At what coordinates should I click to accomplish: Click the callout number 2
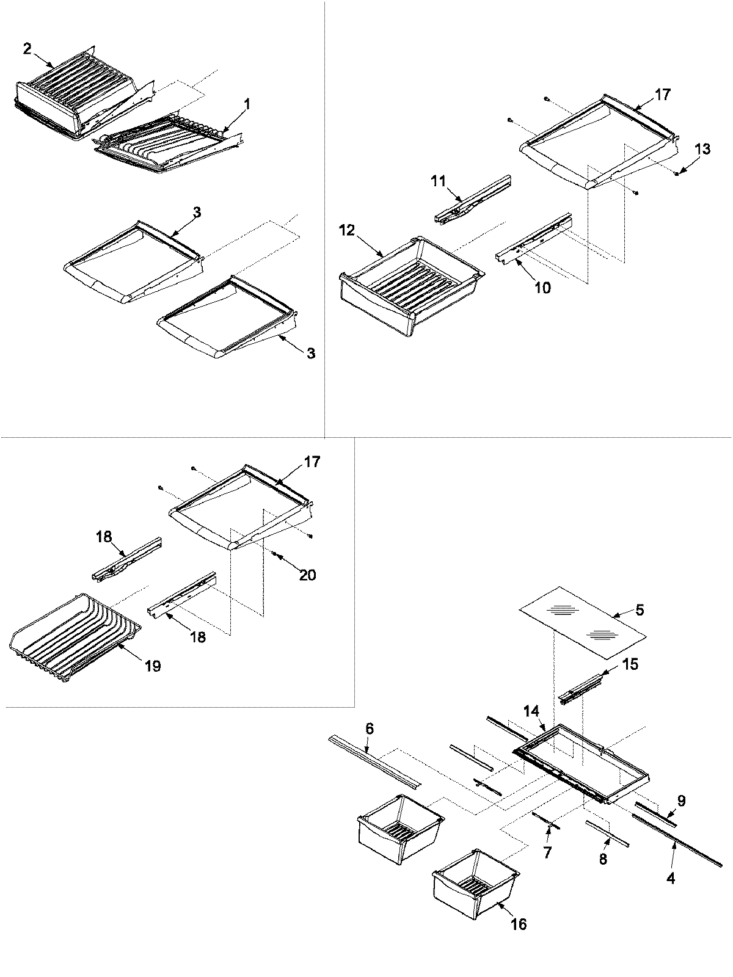[x=27, y=49]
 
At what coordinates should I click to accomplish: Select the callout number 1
[x=247, y=104]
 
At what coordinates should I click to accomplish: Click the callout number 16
[x=518, y=924]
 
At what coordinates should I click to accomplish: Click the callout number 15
[x=630, y=664]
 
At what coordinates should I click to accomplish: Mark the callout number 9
[x=681, y=801]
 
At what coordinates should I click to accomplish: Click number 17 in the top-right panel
[x=662, y=95]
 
